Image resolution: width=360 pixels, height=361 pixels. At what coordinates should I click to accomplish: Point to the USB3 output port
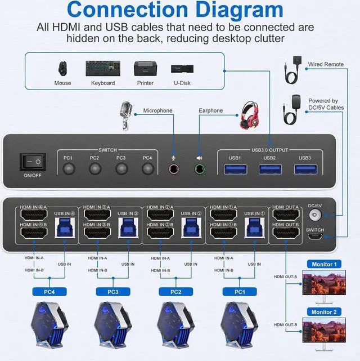click(305, 168)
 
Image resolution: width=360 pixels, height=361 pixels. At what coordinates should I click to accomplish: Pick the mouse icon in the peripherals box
click(62, 69)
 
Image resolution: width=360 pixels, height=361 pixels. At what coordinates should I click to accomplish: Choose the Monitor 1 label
click(324, 264)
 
